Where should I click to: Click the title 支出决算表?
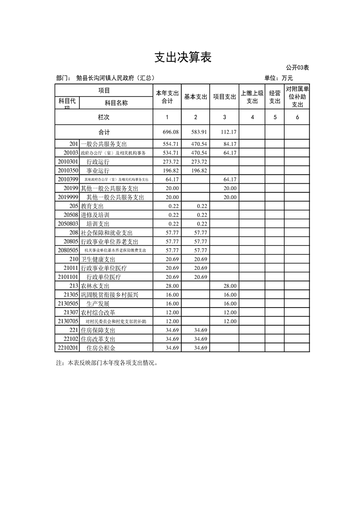pyautogui.click(x=183, y=58)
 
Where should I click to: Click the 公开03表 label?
pyautogui.click(x=298, y=68)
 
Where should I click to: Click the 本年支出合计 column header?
pyautogui.click(x=167, y=97)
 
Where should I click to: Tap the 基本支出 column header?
pyautogui.click(x=196, y=97)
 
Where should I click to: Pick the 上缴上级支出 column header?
pyautogui.click(x=252, y=97)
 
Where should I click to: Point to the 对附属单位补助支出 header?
pyautogui.click(x=297, y=97)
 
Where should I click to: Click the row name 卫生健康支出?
pyautogui.click(x=98, y=259)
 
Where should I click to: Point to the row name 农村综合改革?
pyautogui.click(x=98, y=313)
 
